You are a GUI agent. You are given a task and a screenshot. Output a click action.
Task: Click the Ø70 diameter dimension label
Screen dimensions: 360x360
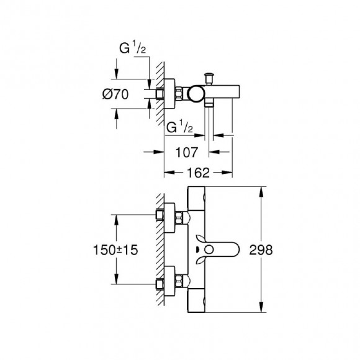pos(115,94)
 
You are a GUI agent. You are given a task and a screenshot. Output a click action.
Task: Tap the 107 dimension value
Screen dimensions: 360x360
pos(186,152)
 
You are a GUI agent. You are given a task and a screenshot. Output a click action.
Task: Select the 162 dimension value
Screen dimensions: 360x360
pos(199,173)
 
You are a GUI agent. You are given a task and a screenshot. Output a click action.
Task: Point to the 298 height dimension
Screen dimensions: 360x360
pos(261,250)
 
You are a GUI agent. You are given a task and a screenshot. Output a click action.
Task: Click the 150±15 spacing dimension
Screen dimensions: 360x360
pos(115,250)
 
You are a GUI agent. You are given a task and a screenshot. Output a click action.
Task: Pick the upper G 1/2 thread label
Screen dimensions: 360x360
pos(132,48)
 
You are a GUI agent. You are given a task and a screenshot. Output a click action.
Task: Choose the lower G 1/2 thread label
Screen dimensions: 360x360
pos(180,127)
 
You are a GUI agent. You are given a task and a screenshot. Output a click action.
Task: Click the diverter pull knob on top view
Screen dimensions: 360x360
pos(209,79)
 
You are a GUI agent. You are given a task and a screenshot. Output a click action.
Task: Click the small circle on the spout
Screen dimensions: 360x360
pos(209,250)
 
